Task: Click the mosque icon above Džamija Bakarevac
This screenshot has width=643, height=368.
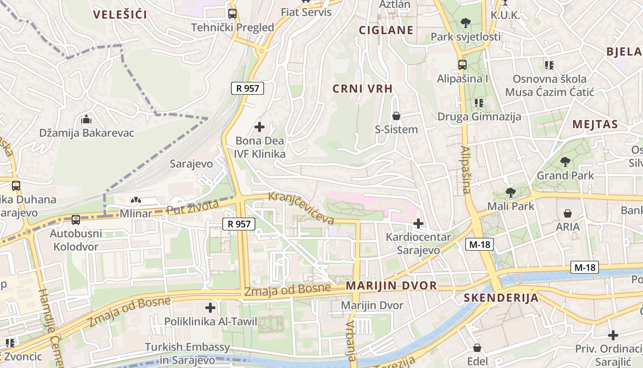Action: pyautogui.click(x=86, y=120)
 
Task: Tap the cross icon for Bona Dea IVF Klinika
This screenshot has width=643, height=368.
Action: pyautogui.click(x=259, y=126)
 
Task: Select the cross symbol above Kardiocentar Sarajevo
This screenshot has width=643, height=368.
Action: pyautogui.click(x=418, y=224)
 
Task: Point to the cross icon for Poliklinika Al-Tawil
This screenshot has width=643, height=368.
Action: pyautogui.click(x=210, y=307)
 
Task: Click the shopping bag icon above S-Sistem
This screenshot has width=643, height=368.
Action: pyautogui.click(x=396, y=116)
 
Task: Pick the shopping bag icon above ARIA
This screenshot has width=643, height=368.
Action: pyautogui.click(x=568, y=213)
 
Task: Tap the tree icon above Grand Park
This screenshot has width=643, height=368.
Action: pyautogui.click(x=565, y=161)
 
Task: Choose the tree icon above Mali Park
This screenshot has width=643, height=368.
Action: pyautogui.click(x=510, y=192)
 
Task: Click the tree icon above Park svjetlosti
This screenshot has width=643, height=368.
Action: pyautogui.click(x=466, y=23)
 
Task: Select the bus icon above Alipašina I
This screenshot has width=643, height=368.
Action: pyautogui.click(x=462, y=65)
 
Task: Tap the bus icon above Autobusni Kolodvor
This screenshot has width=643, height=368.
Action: pyautogui.click(x=76, y=220)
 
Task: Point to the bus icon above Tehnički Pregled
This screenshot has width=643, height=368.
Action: pyautogui.click(x=232, y=14)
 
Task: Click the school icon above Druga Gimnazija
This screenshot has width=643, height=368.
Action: pyautogui.click(x=479, y=103)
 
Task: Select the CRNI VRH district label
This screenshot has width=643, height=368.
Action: pyautogui.click(x=362, y=89)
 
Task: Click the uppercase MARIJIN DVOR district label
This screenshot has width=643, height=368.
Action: pyautogui.click(x=391, y=286)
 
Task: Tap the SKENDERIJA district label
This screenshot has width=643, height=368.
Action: pyautogui.click(x=501, y=298)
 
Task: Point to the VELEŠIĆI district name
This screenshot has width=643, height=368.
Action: pyautogui.click(x=120, y=15)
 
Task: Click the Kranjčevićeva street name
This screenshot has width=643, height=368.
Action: pyautogui.click(x=301, y=208)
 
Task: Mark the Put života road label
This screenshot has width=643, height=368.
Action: pyautogui.click(x=192, y=207)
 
